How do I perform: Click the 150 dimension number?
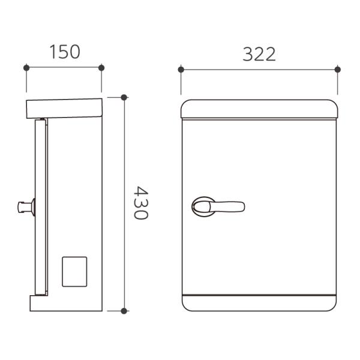point(65,52)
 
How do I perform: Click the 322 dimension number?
point(259,54)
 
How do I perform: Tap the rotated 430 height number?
point(141,203)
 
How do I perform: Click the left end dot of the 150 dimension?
point(26,68)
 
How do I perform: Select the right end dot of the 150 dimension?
point(101,68)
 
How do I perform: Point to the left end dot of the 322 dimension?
point(181,70)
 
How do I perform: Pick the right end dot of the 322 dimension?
point(337,70)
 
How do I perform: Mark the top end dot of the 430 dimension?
point(124,97)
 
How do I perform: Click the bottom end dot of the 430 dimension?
point(124,311)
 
